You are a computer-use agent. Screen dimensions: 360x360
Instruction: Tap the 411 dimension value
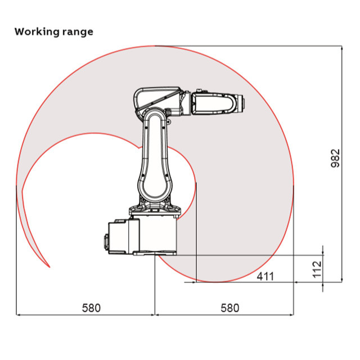[x=265, y=276]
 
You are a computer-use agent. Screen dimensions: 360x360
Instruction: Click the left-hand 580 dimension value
[x=91, y=308]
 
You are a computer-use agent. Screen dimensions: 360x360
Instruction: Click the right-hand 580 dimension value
[x=229, y=308]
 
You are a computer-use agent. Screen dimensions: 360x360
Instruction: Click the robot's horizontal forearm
[x=214, y=104]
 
